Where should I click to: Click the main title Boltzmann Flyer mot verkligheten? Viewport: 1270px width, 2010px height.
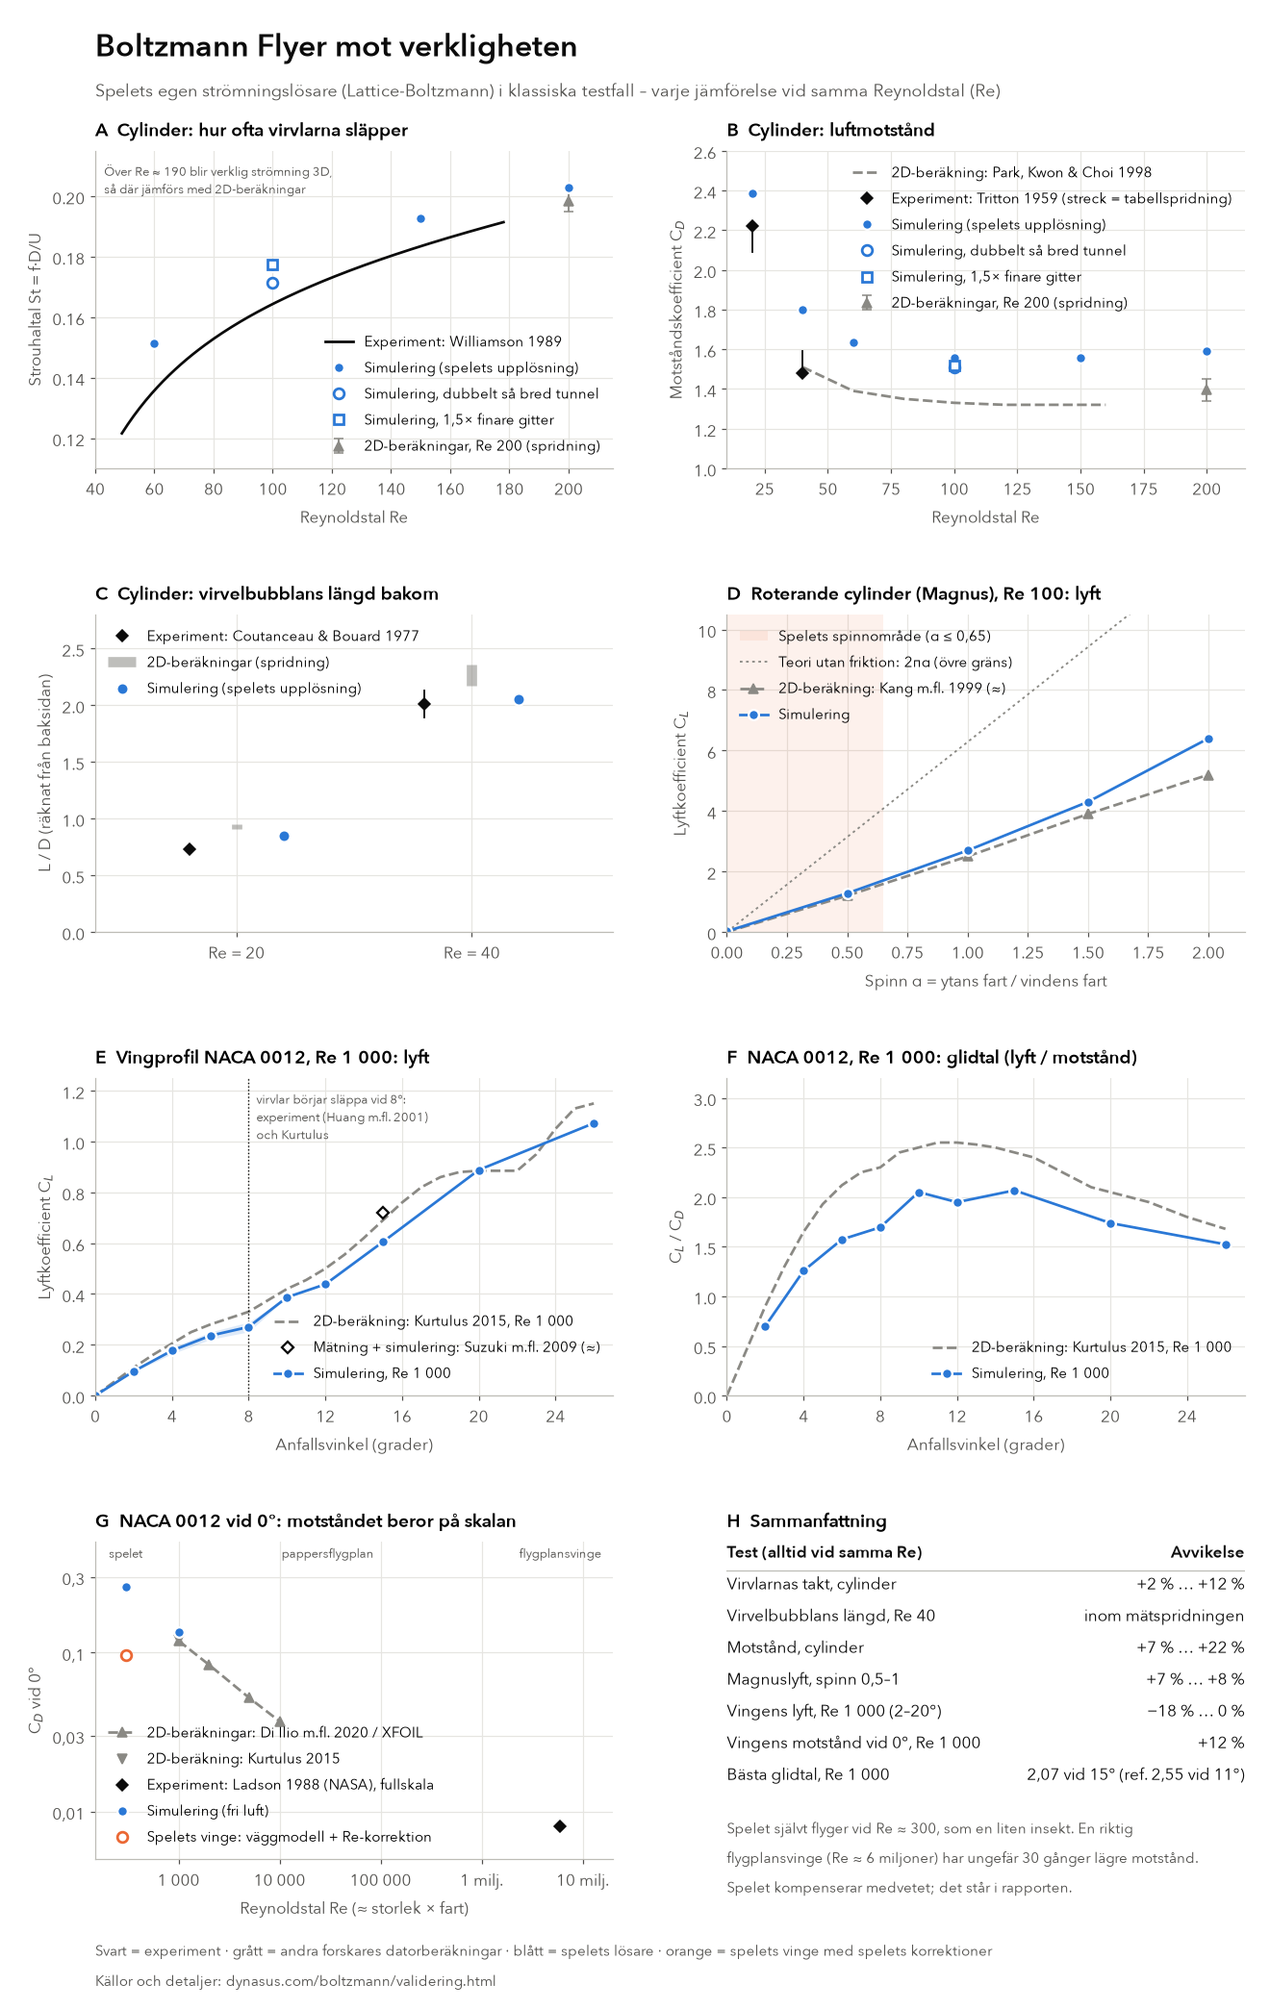[x=336, y=46]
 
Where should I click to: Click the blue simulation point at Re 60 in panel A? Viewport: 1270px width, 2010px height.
[x=154, y=343]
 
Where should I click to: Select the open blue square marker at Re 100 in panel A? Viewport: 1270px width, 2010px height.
[x=272, y=264]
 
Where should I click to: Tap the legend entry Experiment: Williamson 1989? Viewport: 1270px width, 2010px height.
[x=463, y=341]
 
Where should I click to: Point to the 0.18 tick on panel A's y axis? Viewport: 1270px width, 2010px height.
[x=68, y=258]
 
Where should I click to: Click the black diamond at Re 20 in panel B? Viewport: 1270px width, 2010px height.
[x=752, y=226]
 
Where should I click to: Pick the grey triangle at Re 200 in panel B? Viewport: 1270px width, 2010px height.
[x=1206, y=389]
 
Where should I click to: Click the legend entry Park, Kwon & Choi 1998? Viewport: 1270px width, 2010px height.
[x=1021, y=172]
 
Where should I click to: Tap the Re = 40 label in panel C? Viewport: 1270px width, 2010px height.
[x=471, y=953]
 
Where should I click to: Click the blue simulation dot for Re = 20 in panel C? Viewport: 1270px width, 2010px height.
[x=284, y=836]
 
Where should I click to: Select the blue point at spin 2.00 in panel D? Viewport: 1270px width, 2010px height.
[x=1208, y=739]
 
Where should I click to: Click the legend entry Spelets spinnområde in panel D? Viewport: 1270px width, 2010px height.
[x=884, y=636]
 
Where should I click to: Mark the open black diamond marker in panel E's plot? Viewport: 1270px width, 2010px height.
[x=382, y=1213]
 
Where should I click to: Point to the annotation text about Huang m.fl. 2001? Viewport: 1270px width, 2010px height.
[x=342, y=1117]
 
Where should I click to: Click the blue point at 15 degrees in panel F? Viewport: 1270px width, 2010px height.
[x=1014, y=1191]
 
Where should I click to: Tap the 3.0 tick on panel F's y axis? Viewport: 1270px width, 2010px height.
[x=705, y=1099]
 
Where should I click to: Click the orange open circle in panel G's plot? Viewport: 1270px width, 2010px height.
[x=126, y=1655]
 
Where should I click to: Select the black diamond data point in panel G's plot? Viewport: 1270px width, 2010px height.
[x=560, y=1826]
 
